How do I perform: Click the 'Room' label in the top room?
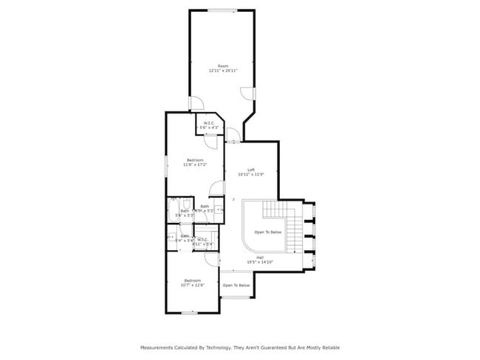[x=223, y=66]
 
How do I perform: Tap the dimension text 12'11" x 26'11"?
[x=223, y=72]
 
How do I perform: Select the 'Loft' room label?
[x=251, y=170]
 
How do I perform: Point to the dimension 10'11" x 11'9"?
[x=251, y=176]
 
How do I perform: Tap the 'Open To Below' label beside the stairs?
[x=268, y=232]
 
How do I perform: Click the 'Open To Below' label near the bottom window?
[x=236, y=285]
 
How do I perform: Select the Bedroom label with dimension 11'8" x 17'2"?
[x=195, y=160]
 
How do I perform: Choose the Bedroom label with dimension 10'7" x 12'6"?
[x=192, y=280]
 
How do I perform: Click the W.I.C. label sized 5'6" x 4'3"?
[x=210, y=124]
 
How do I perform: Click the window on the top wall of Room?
[x=222, y=10]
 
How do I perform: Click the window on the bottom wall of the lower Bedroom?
[x=189, y=313]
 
